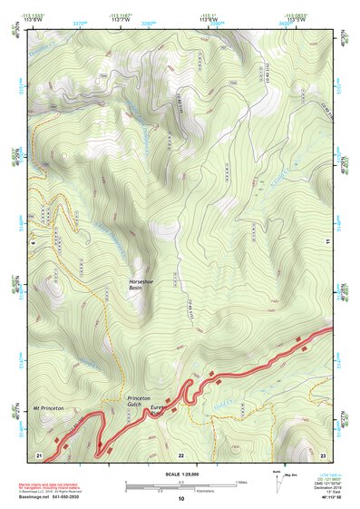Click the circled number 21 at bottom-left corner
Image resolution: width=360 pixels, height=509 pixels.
39,453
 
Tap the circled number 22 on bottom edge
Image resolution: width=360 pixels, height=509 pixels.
180,453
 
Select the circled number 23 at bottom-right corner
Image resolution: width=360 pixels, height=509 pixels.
323,453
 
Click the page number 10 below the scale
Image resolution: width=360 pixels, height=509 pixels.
180,499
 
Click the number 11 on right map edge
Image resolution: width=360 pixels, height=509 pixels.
326,241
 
